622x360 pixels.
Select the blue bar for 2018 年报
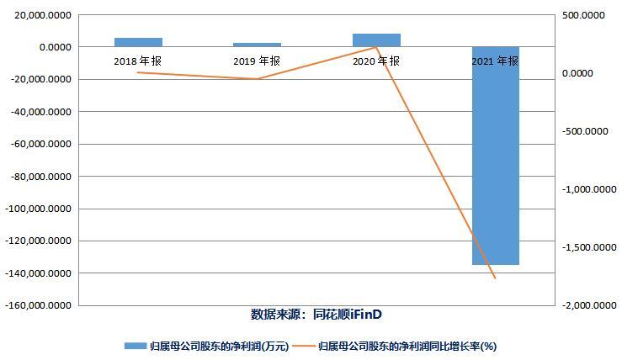pyautogui.click(x=138, y=42)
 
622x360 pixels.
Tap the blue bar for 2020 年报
pyautogui.click(x=376, y=40)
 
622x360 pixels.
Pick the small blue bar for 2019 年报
pyautogui.click(x=257, y=45)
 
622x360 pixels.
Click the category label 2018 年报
pyautogui.click(x=138, y=61)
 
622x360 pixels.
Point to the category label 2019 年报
pyautogui.click(x=257, y=61)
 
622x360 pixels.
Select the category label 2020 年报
pyautogui.click(x=376, y=61)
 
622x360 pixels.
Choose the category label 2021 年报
pyautogui.click(x=495, y=61)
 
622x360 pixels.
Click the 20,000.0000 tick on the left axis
pyautogui.click(x=41, y=15)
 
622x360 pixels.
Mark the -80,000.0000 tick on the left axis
pyautogui.click(x=40, y=177)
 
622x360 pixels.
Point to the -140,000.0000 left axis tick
pyautogui.click(x=38, y=273)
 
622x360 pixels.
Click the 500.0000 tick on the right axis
pyautogui.click(x=582, y=15)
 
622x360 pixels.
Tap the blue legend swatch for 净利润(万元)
pyautogui.click(x=136, y=346)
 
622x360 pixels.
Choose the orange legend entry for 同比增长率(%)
pyautogui.click(x=404, y=346)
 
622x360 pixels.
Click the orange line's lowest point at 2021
pyautogui.click(x=495, y=278)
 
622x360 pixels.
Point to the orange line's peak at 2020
pyautogui.click(x=376, y=47)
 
